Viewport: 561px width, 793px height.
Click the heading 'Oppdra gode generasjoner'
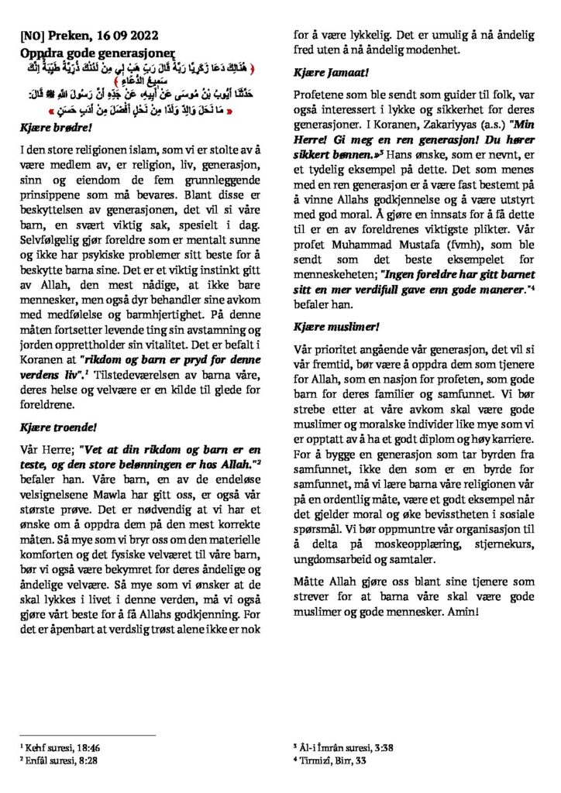(x=84, y=48)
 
